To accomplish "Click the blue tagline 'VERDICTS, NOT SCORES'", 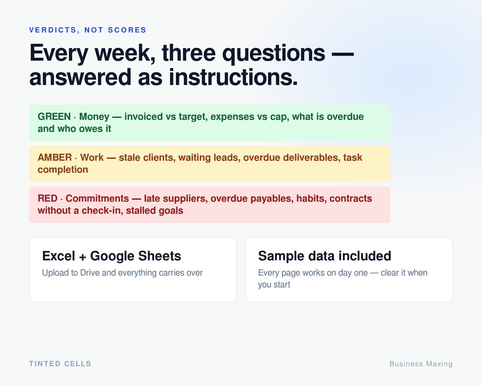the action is point(87,30).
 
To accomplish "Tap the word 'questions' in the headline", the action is point(273,54).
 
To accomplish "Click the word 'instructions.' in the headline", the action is point(233,77).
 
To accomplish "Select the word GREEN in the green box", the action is point(54,117).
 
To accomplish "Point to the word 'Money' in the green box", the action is point(94,117).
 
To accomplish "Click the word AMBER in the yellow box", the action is point(55,157).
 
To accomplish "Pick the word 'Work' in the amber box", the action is point(92,157).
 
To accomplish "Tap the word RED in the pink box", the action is point(48,198).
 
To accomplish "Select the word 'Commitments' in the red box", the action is point(97,198).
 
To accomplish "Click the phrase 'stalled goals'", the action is point(155,210).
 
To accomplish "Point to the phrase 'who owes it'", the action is point(84,129).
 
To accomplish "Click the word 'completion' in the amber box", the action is point(63,170).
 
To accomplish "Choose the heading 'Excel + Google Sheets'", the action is point(112,256).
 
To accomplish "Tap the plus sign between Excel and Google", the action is point(82,257).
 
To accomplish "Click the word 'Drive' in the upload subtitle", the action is point(90,273).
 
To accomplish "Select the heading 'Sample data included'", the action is point(325,256).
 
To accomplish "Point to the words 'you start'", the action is point(274,285).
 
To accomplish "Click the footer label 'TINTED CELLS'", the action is point(60,364).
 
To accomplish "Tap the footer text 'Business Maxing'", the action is point(421,364).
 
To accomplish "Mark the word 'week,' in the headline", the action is point(125,53).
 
